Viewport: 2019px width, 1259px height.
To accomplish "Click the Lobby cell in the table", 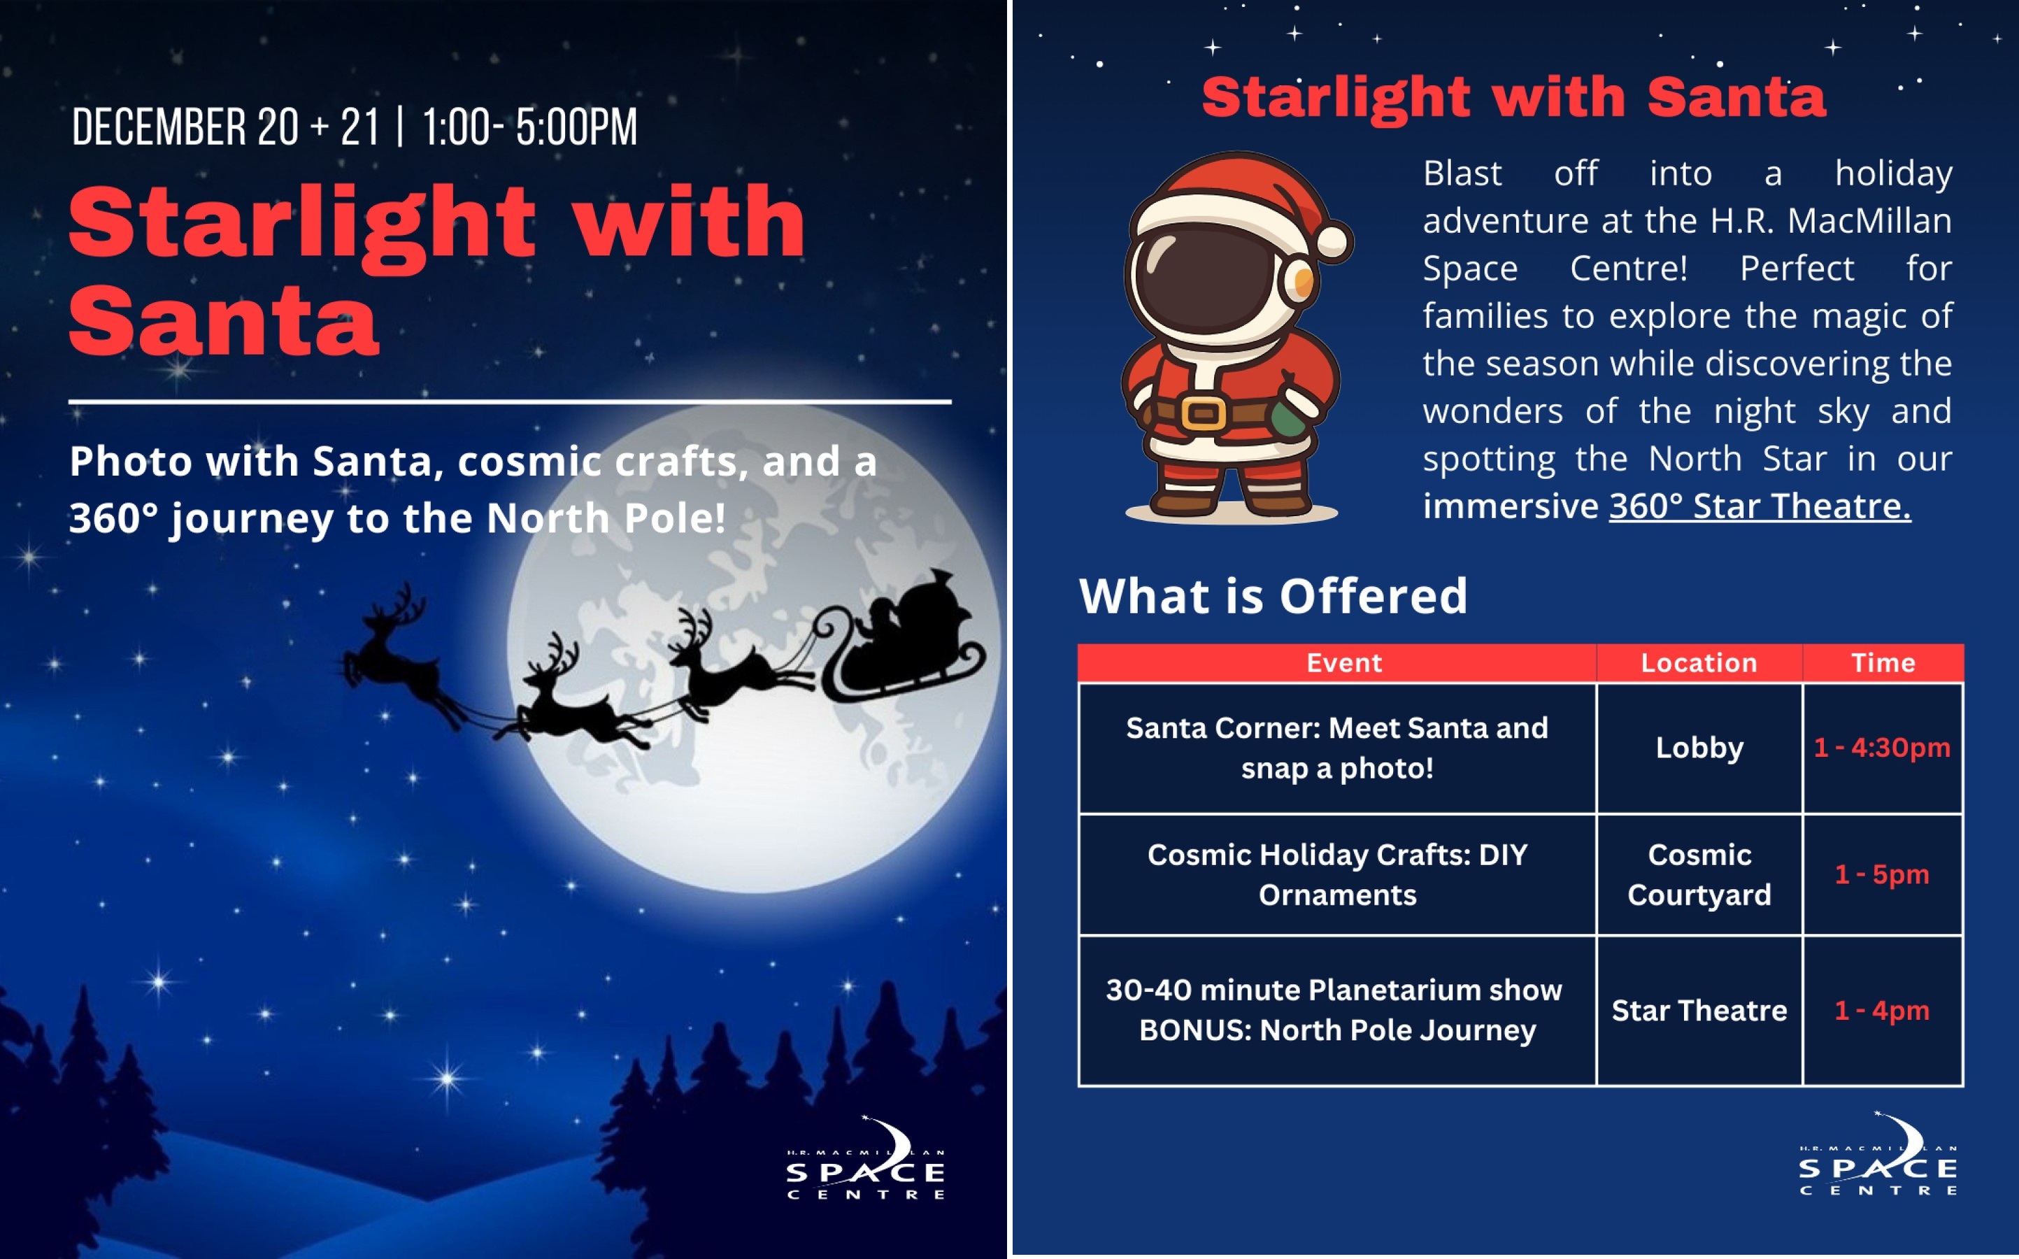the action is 1699,748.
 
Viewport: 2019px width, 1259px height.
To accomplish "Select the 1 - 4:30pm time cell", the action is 1883,748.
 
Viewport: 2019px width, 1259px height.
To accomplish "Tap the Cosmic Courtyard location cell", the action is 1699,874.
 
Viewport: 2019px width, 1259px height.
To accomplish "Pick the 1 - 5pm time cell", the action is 1883,874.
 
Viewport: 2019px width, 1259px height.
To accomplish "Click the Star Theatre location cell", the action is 1699,1010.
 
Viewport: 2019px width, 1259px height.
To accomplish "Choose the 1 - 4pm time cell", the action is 1883,1010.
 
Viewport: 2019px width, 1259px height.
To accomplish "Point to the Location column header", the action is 1699,663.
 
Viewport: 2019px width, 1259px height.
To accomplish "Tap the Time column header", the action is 1883,663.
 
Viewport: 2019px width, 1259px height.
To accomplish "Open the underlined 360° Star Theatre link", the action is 1760,506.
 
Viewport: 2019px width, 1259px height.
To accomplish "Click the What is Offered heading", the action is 1273,595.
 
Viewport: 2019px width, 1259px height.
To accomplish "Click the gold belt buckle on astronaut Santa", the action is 1204,413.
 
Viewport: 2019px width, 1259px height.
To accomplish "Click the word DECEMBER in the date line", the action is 157,128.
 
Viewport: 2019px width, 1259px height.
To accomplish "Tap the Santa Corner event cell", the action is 1337,748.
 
